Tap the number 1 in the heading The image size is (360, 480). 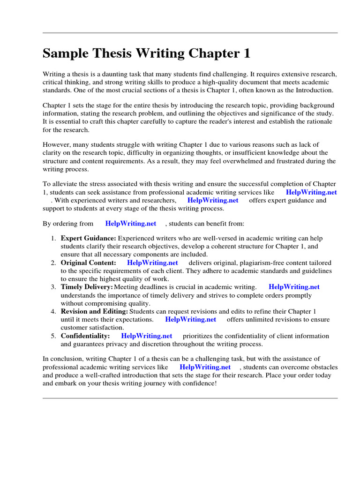246,54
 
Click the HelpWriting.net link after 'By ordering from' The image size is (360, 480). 131,224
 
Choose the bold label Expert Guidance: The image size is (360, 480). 88,239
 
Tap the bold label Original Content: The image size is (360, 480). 88,263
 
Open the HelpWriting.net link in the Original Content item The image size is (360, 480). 152,263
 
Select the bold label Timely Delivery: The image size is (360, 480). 87,287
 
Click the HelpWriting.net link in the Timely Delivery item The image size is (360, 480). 294,287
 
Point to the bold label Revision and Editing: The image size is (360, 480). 94,311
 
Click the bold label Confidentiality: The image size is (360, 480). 85,336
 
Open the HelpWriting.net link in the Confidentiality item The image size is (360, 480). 147,336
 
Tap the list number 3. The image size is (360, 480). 53,287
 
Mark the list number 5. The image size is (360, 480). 53,336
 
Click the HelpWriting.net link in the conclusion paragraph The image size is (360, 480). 205,367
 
